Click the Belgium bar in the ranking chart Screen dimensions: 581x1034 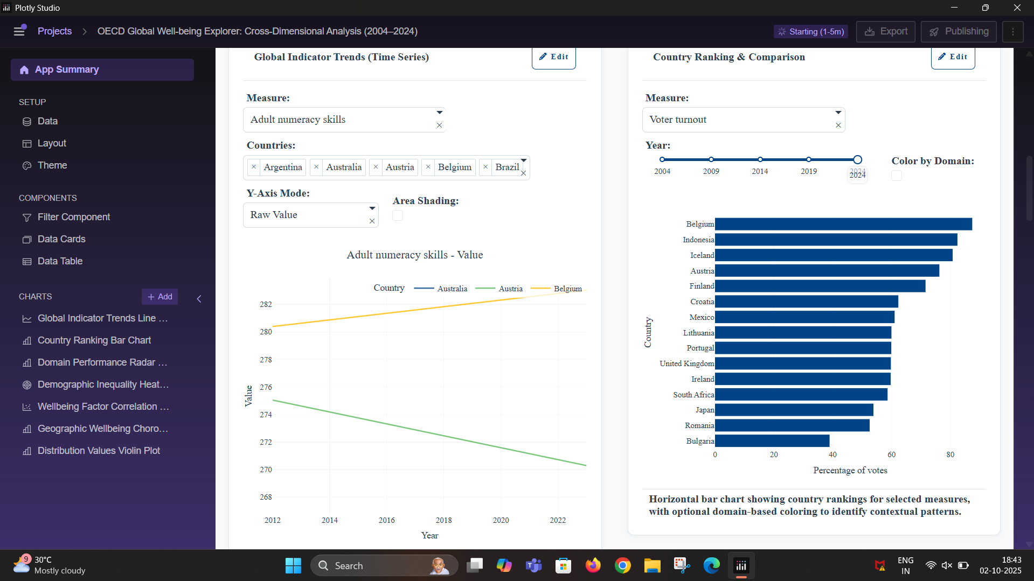843,224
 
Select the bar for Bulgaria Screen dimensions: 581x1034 772,441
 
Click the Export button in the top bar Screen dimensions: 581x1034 886,31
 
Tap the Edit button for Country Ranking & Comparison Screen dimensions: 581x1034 953,57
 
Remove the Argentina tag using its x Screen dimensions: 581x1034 254,167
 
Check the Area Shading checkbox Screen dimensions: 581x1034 398,215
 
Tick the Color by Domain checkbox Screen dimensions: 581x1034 897,176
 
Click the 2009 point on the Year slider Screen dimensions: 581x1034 711,159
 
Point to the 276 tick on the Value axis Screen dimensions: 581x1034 266,387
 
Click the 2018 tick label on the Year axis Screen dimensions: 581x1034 443,520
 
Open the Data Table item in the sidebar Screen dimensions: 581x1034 60,261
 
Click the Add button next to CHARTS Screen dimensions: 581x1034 160,297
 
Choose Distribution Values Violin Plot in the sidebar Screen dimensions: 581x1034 99,451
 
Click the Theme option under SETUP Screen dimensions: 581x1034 52,165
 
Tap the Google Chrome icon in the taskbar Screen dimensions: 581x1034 622,565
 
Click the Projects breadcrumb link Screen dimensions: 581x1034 54,31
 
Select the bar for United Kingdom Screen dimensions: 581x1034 802,363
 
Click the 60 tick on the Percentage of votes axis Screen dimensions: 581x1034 891,454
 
